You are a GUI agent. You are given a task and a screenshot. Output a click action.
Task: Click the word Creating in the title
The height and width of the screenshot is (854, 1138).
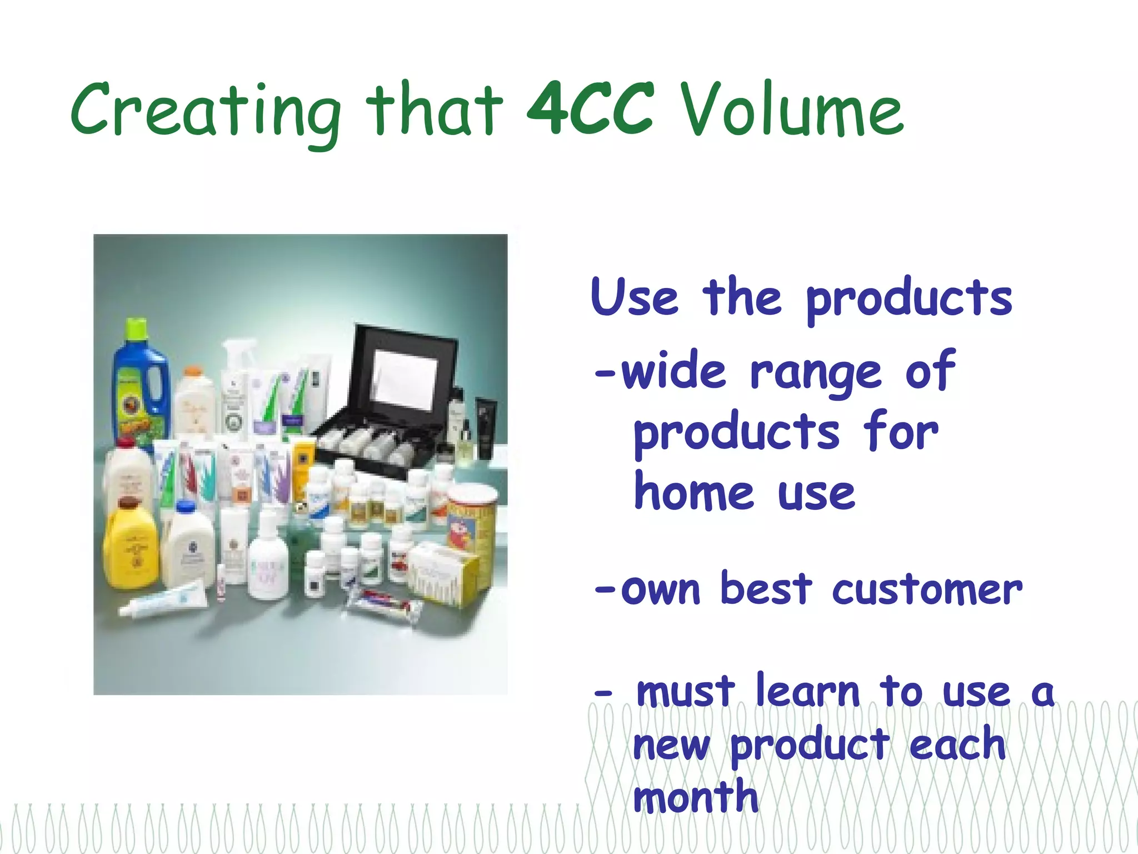tap(206, 111)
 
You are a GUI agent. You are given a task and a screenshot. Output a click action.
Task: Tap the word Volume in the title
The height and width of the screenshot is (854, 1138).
tap(792, 111)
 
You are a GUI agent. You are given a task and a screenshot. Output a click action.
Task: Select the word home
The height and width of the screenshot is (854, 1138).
tap(694, 493)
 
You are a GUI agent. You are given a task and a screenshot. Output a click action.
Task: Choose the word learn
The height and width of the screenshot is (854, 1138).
tap(808, 692)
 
